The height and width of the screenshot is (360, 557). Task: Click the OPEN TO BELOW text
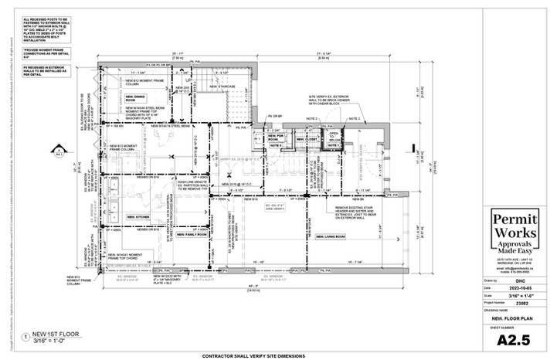point(334,136)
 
